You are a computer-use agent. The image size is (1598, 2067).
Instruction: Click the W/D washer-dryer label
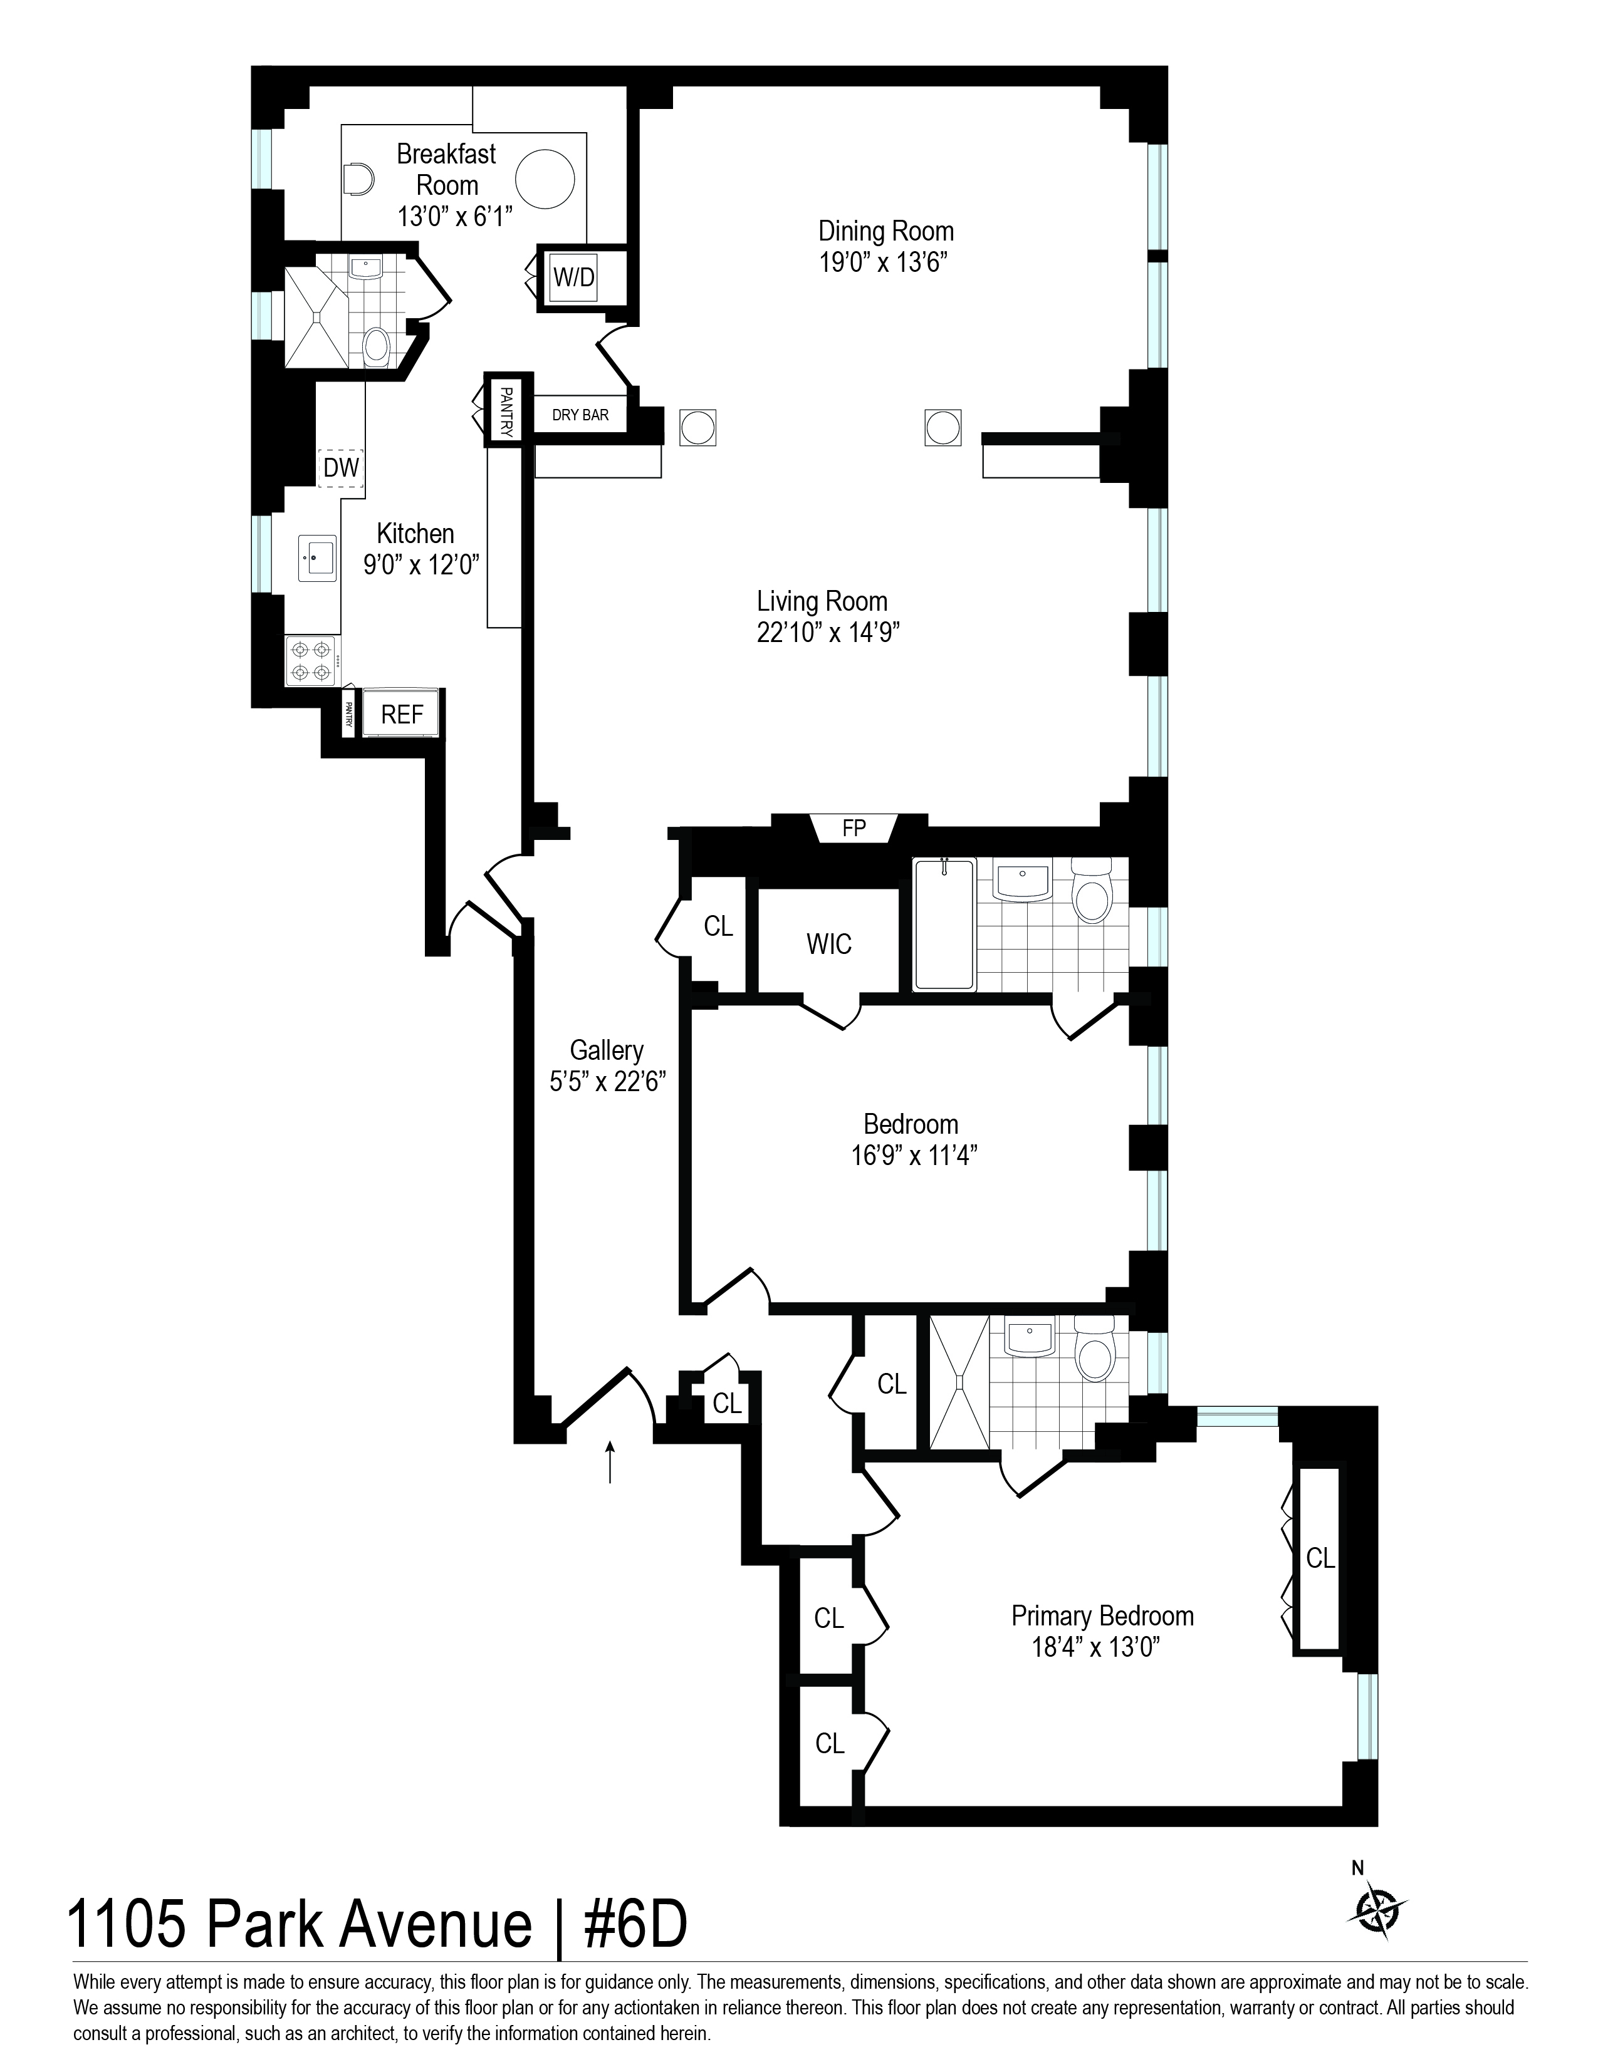(573, 277)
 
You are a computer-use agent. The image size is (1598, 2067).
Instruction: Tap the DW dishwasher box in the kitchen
(342, 467)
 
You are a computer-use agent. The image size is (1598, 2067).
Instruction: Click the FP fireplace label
(854, 828)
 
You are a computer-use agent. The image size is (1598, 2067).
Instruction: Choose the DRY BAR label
(580, 415)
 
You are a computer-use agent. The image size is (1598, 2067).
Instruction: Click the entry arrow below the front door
(610, 1461)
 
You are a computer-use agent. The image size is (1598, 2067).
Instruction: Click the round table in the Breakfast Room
(545, 178)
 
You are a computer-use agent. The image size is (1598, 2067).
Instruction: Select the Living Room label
(822, 601)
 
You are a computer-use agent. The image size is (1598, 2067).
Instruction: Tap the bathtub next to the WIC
(944, 924)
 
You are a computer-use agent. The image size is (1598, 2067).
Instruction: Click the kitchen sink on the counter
(316, 557)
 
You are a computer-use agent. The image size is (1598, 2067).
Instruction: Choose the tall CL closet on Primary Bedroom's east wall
(1319, 1558)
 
